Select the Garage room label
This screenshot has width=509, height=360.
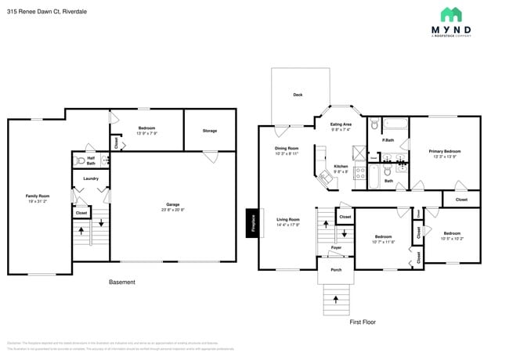coord(172,206)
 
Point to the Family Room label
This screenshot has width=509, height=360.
coord(37,196)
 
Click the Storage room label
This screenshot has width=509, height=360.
coord(209,131)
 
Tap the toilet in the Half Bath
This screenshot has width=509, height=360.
coord(80,160)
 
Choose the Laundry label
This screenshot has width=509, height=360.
coord(90,178)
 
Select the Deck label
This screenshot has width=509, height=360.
coord(298,95)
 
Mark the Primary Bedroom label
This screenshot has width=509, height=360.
coord(444,151)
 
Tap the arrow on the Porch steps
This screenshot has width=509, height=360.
coord(336,298)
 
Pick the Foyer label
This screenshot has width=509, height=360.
coord(336,247)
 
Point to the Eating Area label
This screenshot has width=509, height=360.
coord(341,124)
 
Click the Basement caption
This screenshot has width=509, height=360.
coord(121,282)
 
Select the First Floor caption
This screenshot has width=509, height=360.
coord(363,322)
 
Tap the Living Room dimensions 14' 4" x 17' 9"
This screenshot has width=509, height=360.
coord(288,225)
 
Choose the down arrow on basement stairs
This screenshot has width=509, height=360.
coord(100,222)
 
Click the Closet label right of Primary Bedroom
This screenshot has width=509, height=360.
coord(461,200)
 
